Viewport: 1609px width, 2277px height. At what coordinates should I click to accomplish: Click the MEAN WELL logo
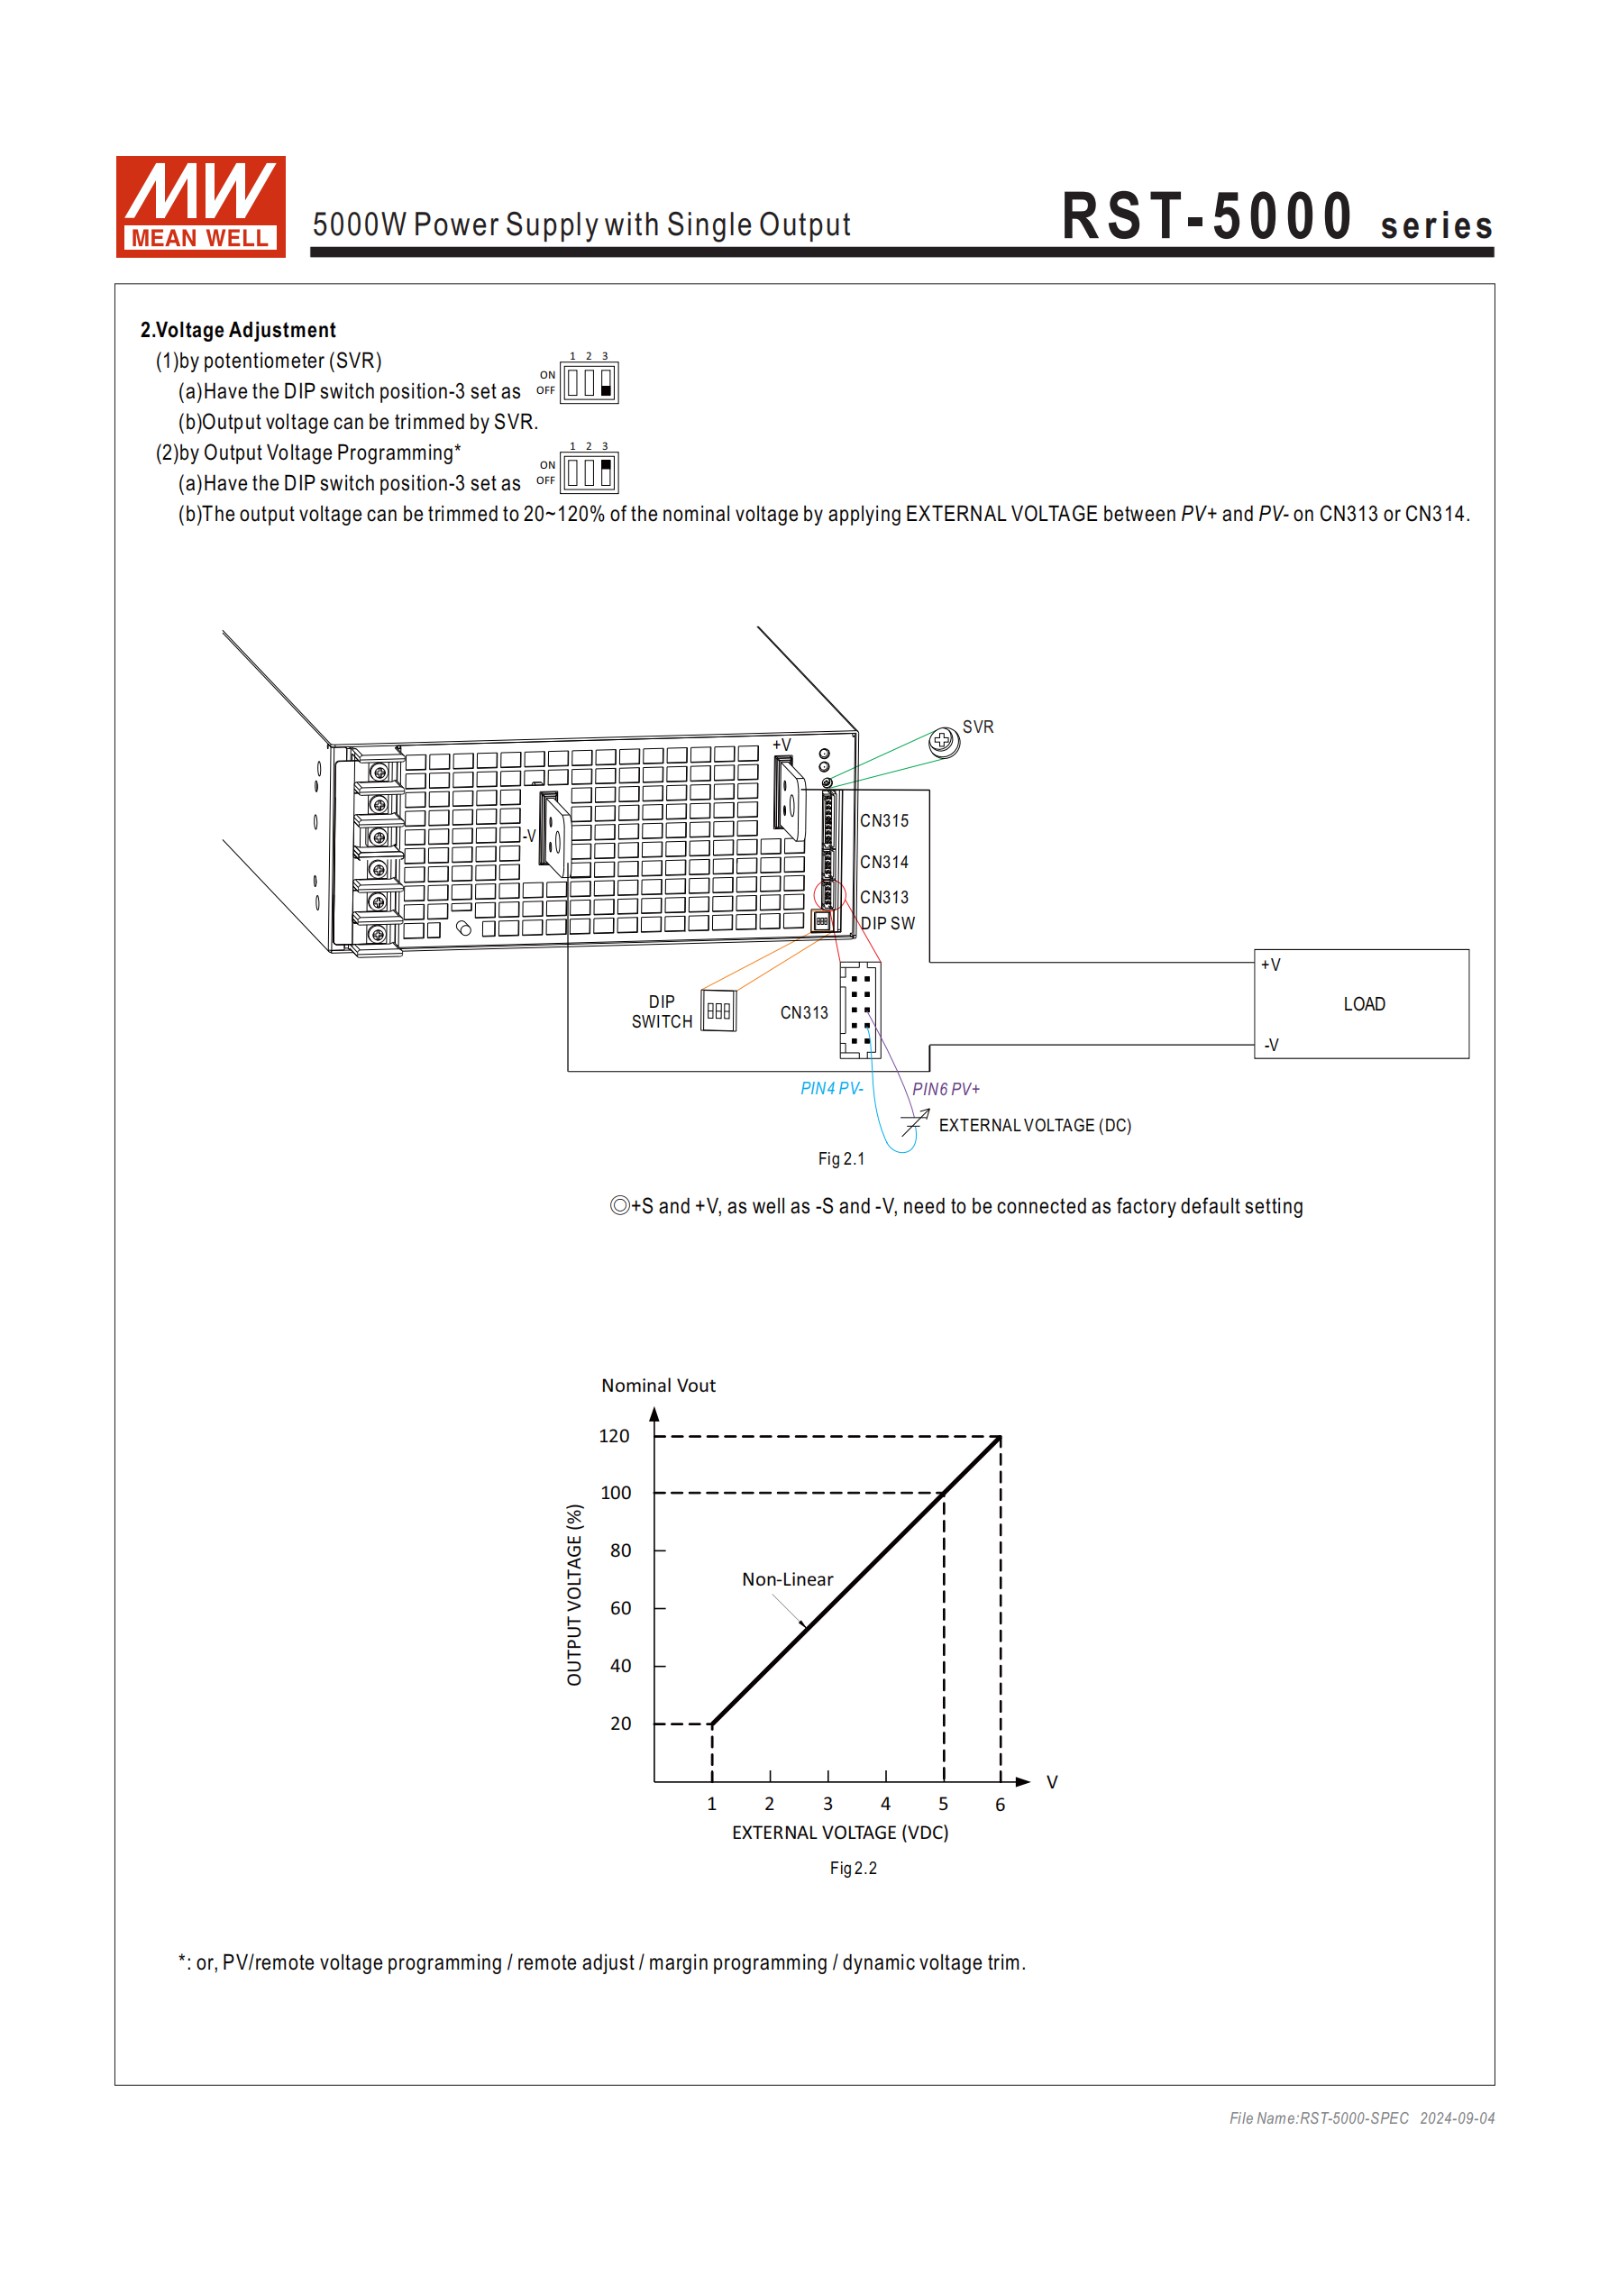coord(200,206)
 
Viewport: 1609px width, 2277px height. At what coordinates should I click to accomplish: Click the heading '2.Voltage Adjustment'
coord(237,330)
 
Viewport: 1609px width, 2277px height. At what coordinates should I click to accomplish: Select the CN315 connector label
coord(884,821)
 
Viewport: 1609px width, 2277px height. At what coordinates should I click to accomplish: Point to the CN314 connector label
coord(884,863)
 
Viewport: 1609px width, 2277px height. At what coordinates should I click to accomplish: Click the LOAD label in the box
coord(1364,1004)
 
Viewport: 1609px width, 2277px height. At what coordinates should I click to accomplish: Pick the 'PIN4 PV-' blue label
coord(831,1089)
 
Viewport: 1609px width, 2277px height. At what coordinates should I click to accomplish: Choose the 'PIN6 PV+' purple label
coord(946,1089)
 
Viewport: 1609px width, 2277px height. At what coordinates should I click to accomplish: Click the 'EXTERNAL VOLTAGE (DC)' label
coord(1035,1126)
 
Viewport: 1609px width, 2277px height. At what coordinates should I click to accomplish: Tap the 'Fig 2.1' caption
coord(841,1159)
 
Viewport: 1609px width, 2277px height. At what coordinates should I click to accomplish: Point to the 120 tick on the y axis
coord(614,1436)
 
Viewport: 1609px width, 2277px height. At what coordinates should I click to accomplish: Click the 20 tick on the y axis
coord(620,1724)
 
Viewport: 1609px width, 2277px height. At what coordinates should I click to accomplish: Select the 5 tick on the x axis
coord(944,1804)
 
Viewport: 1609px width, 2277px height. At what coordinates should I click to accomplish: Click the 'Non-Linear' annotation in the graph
coord(788,1580)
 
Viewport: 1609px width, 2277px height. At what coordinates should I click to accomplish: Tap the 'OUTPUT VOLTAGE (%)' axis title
coord(574,1595)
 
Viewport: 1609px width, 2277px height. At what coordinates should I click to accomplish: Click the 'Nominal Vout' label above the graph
coord(658,1385)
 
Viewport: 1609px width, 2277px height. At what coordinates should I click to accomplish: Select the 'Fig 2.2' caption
coord(853,1869)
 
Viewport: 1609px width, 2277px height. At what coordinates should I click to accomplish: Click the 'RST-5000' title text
coord(1207,216)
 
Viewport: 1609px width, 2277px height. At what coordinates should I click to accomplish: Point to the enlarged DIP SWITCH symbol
coord(718,1011)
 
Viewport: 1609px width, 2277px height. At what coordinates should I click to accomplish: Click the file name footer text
coord(1361,2118)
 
